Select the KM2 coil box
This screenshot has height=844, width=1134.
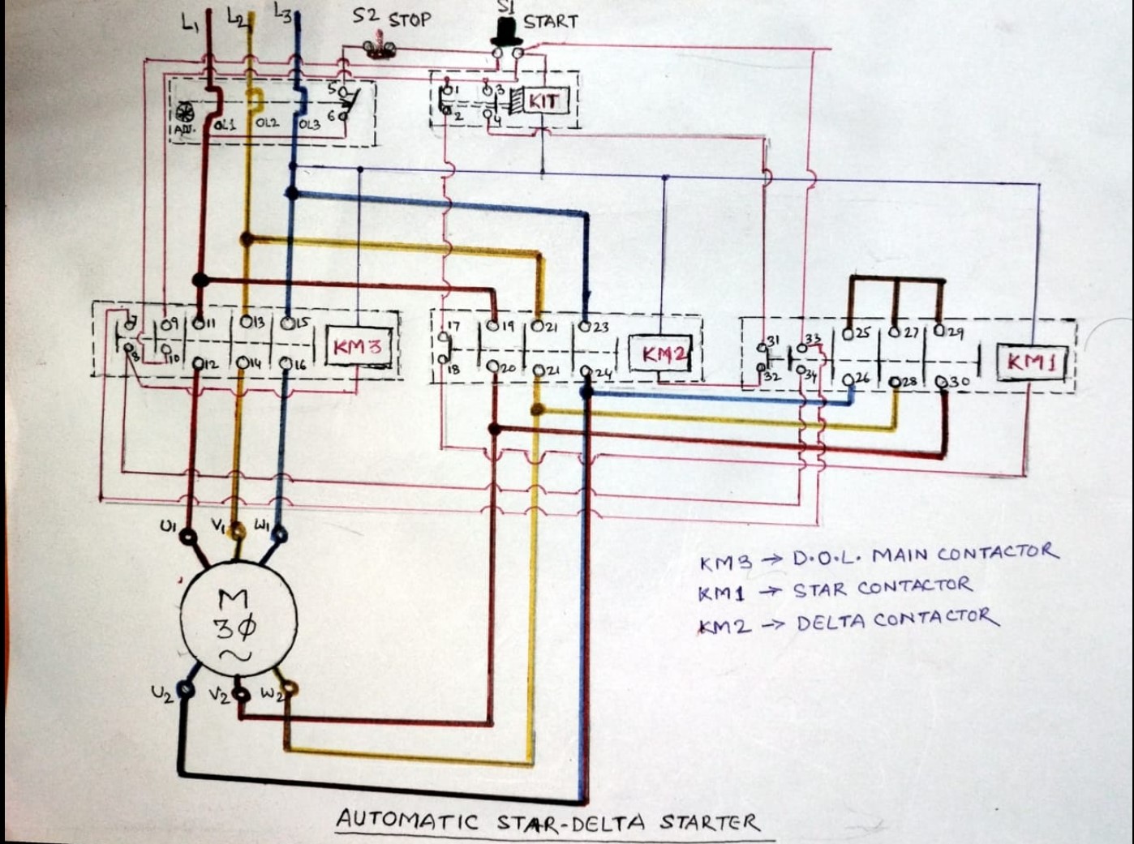click(x=661, y=354)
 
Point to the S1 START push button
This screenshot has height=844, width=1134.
click(x=506, y=32)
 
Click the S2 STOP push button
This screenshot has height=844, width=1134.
click(x=378, y=47)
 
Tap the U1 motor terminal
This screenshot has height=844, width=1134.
click(x=188, y=536)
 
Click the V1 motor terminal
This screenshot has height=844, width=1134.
click(x=237, y=532)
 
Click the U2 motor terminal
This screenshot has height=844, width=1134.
click(x=185, y=690)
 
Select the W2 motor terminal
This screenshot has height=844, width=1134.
click(x=289, y=691)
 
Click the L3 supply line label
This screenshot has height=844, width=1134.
click(x=283, y=14)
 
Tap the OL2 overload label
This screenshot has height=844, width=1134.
click(x=267, y=123)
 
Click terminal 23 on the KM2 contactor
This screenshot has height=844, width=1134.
click(x=585, y=328)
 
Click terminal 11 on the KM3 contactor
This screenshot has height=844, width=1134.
click(x=198, y=323)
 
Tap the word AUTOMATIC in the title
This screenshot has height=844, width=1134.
click(x=407, y=820)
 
